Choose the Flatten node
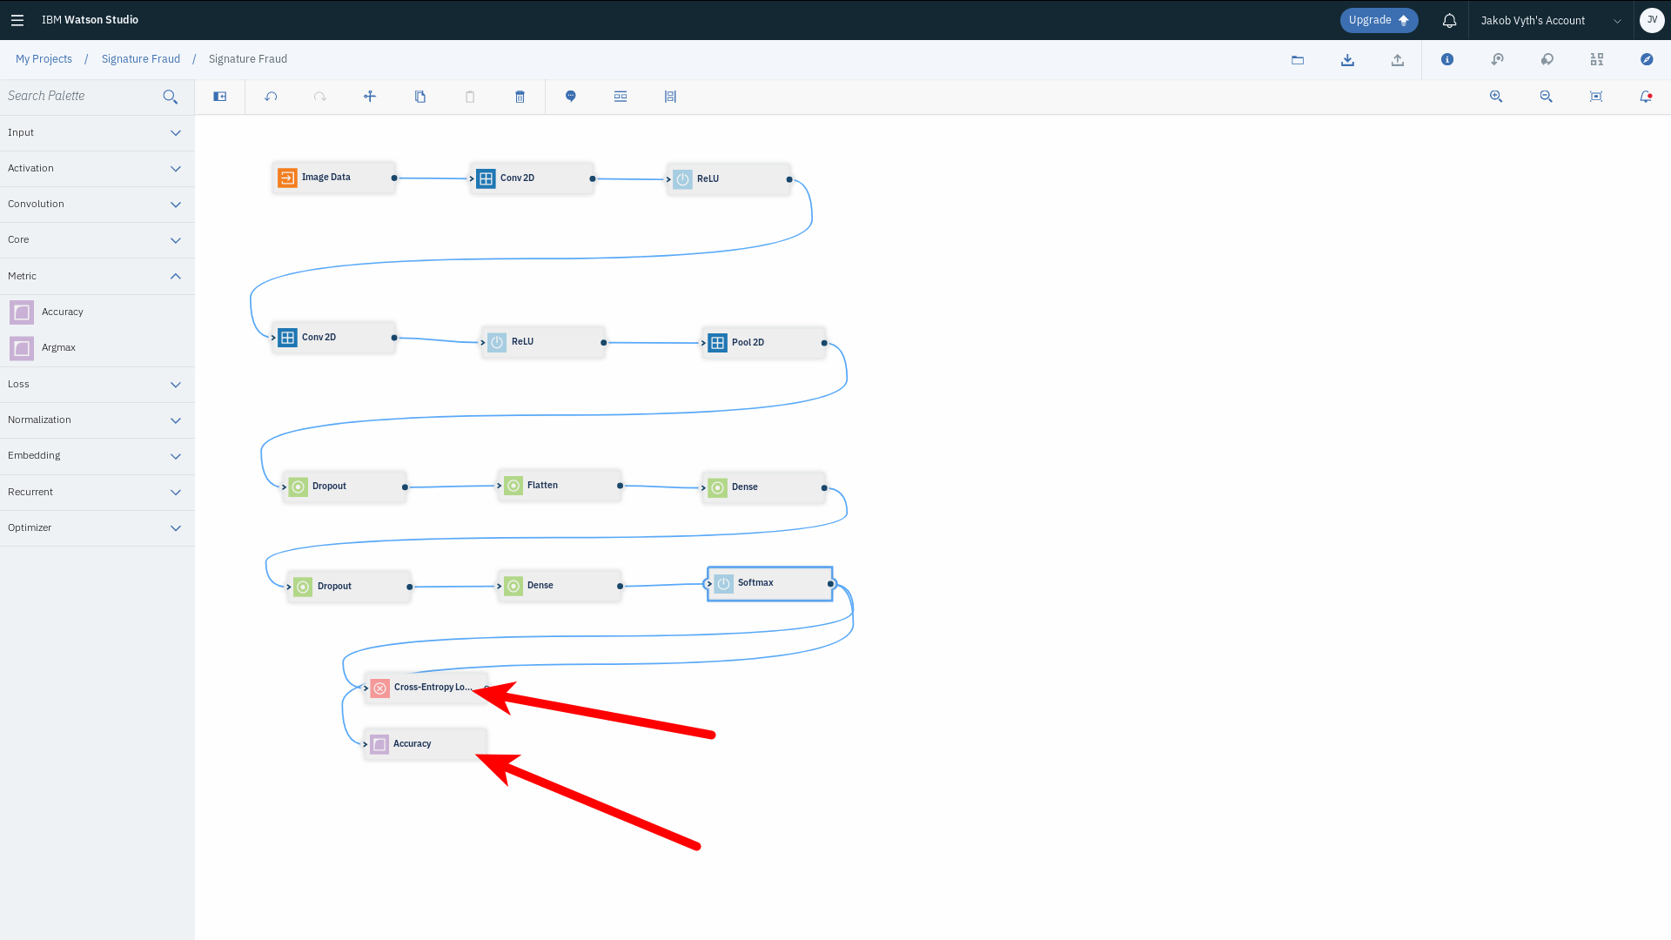(558, 486)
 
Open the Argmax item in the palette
(58, 348)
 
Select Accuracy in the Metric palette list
(62, 312)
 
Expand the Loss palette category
(97, 385)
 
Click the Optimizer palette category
(97, 528)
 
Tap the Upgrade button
(1378, 20)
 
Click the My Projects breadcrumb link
(44, 59)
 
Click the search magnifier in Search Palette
(171, 97)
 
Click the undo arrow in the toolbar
(271, 97)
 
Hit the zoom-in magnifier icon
(1495, 97)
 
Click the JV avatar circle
(1652, 20)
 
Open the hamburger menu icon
(17, 20)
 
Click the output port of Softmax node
(831, 584)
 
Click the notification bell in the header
(1449, 20)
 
